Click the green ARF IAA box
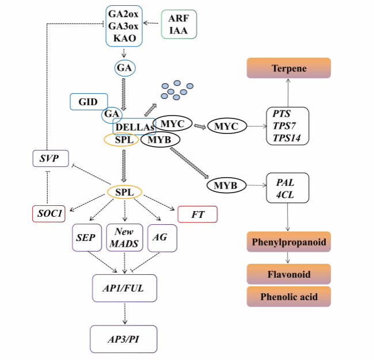point(178,24)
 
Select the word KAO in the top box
point(124,37)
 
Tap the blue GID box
point(89,101)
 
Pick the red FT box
point(198,215)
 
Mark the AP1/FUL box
point(124,288)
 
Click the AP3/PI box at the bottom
point(124,339)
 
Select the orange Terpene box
point(289,68)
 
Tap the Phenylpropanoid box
point(289,242)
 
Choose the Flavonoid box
point(289,274)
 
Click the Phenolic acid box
point(289,297)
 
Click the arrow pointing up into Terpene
point(288,93)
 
